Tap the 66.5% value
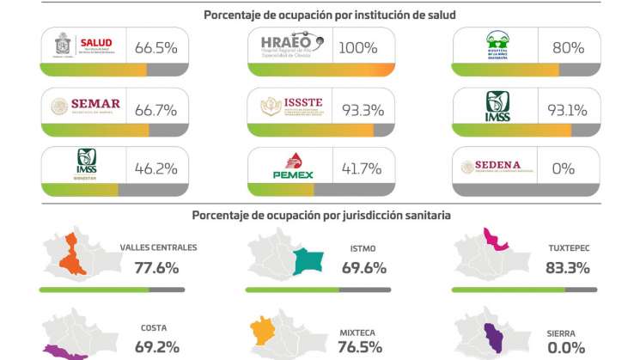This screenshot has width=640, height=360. (155, 47)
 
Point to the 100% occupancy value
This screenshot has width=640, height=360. (357, 47)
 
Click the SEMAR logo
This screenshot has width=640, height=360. (84, 107)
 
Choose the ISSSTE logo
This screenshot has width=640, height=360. (291, 107)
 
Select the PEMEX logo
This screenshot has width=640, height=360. (291, 167)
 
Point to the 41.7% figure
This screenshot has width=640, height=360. (362, 168)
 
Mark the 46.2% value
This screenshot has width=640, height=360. (155, 168)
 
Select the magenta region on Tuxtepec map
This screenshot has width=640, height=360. (493, 240)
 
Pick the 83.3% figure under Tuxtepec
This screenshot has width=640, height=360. (567, 268)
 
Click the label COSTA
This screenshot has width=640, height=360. (154, 328)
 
